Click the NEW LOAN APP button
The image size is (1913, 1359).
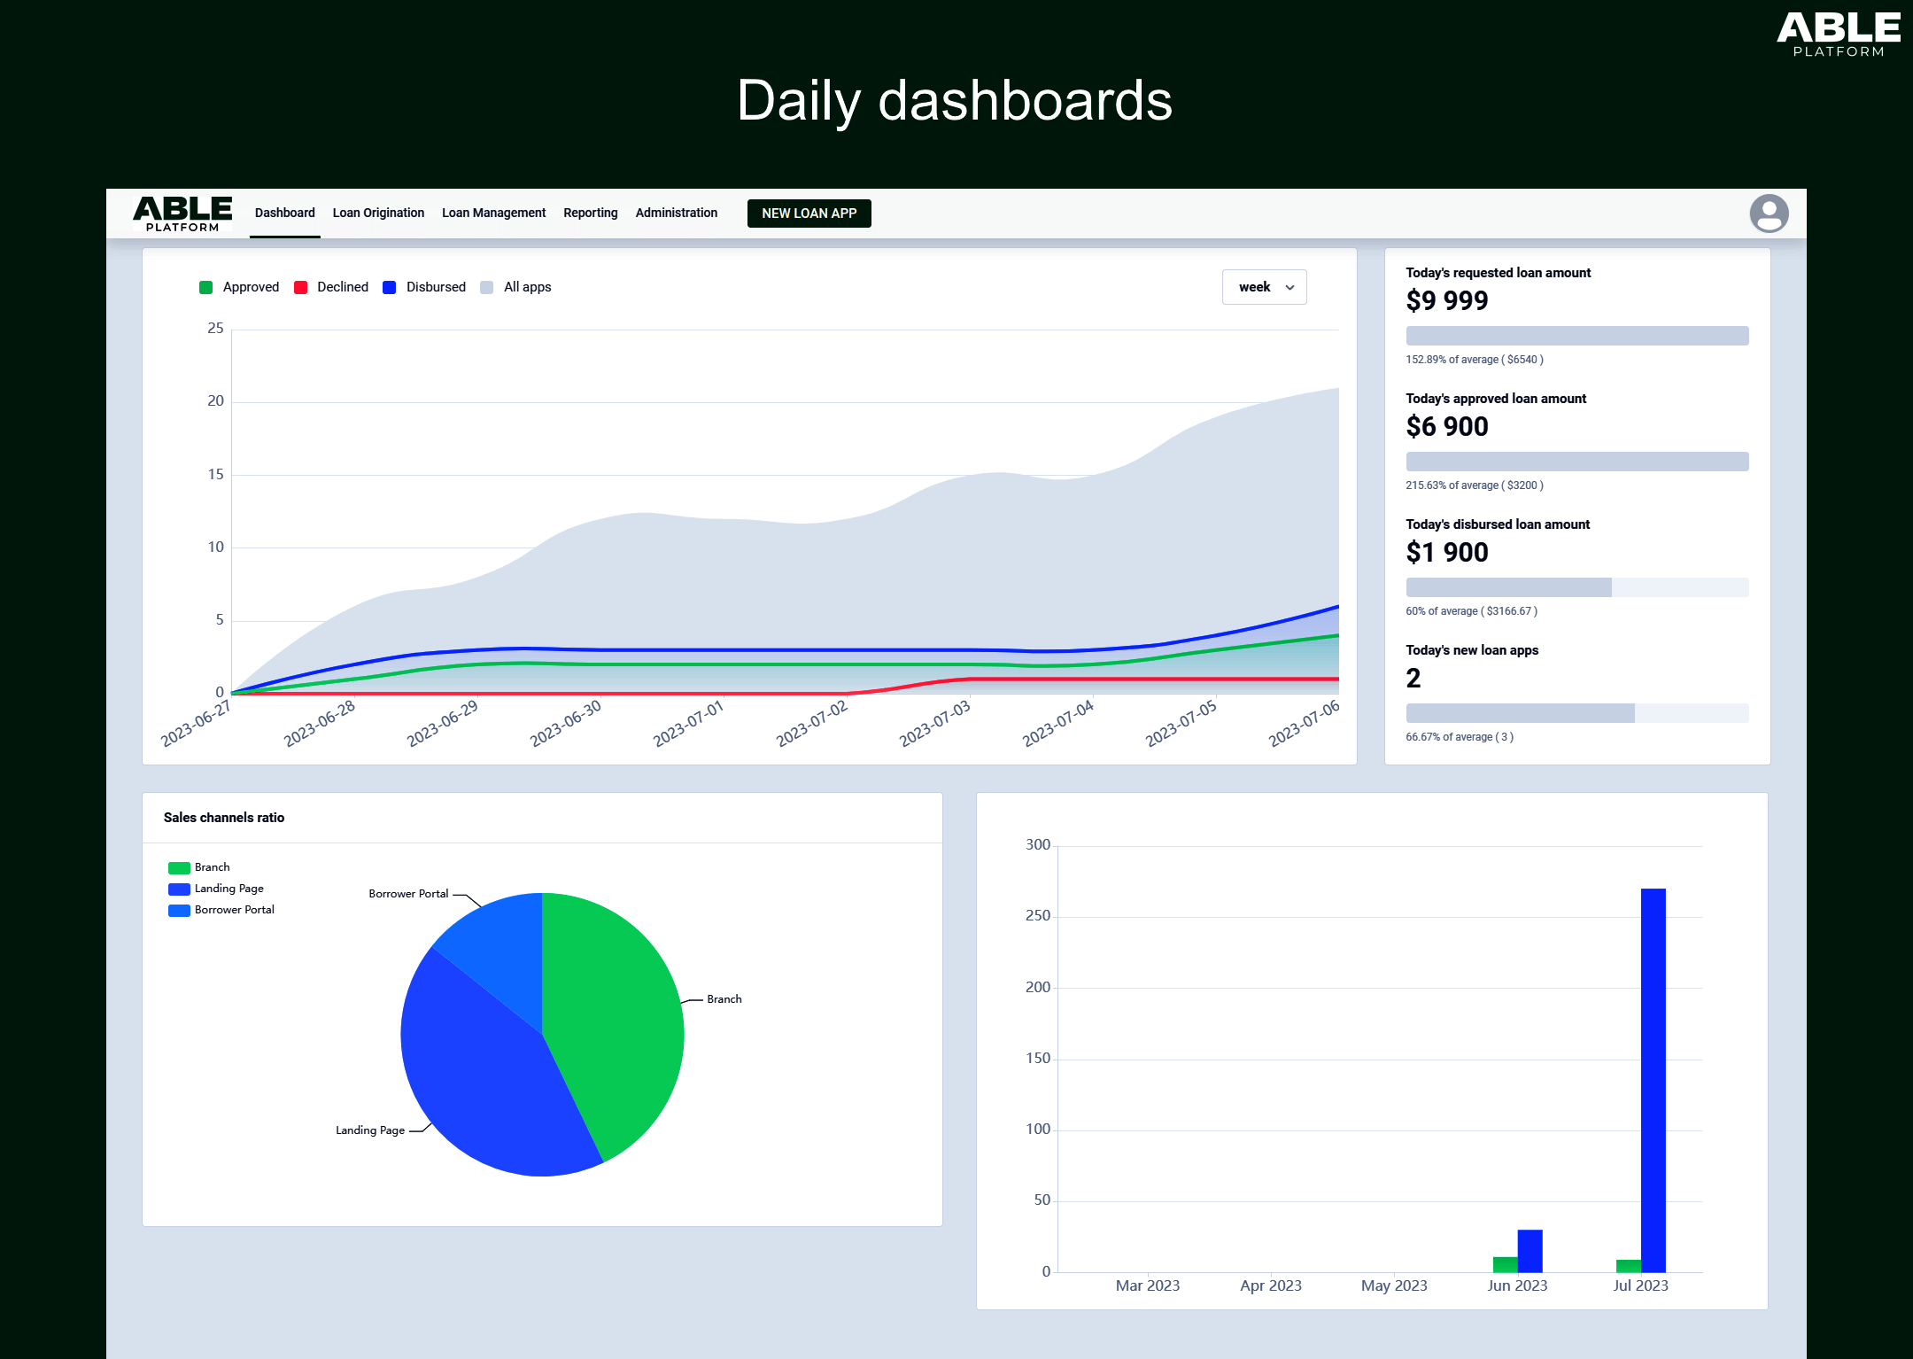pyautogui.click(x=809, y=214)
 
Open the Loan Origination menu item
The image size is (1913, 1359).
pyautogui.click(x=378, y=213)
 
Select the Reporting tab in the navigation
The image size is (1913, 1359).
pyautogui.click(x=590, y=213)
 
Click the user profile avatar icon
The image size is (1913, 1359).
pyautogui.click(x=1769, y=214)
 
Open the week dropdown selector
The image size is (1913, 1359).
pyautogui.click(x=1264, y=287)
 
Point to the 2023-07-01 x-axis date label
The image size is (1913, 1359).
pyautogui.click(x=689, y=723)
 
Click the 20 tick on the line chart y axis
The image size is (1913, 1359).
pyautogui.click(x=215, y=401)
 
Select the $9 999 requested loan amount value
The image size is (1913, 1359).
pyautogui.click(x=1446, y=301)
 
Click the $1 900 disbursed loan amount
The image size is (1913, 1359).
pyautogui.click(x=1446, y=553)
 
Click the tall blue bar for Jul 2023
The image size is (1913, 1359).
pyautogui.click(x=1653, y=1081)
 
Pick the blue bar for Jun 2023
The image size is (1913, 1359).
pyautogui.click(x=1530, y=1251)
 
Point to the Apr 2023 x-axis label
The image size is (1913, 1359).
pyautogui.click(x=1270, y=1285)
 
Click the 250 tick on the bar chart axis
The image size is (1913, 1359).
pyautogui.click(x=1037, y=916)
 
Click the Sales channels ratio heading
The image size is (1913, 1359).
pyautogui.click(x=223, y=818)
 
